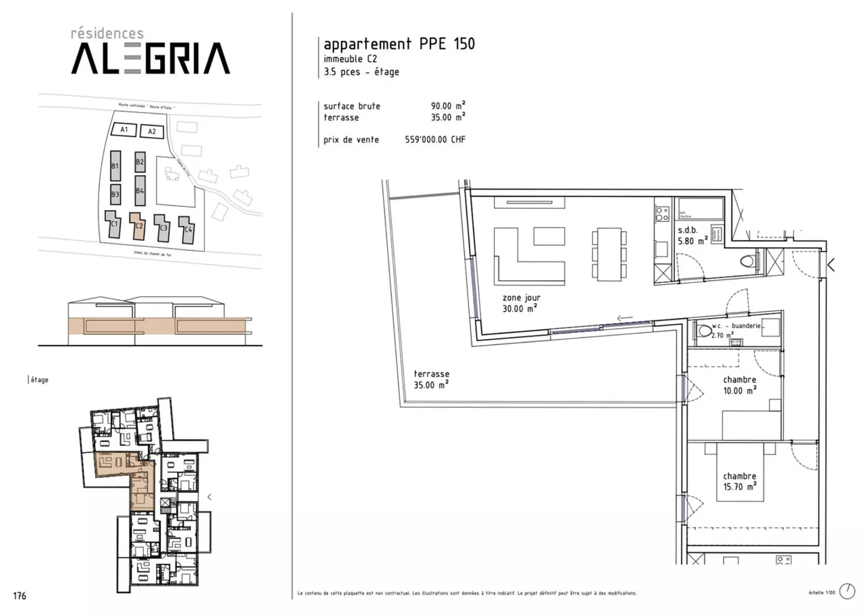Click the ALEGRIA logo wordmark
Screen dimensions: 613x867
151,58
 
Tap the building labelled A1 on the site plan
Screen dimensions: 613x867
123,129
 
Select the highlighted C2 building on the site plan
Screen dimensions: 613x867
138,226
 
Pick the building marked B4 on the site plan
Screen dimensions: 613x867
140,190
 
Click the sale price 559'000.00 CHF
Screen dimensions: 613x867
435,140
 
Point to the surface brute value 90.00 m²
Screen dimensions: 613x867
447,106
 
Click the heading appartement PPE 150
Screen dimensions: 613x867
399,44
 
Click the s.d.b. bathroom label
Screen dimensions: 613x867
688,230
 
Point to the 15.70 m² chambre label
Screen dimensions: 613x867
739,482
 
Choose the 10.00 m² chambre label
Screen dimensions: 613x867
739,385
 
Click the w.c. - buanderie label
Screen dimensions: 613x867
736,326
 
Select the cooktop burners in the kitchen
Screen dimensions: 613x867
662,214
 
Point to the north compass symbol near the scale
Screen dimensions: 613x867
847,591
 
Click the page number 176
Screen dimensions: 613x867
19,596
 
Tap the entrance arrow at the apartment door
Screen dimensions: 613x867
831,264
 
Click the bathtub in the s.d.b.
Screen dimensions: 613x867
699,208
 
